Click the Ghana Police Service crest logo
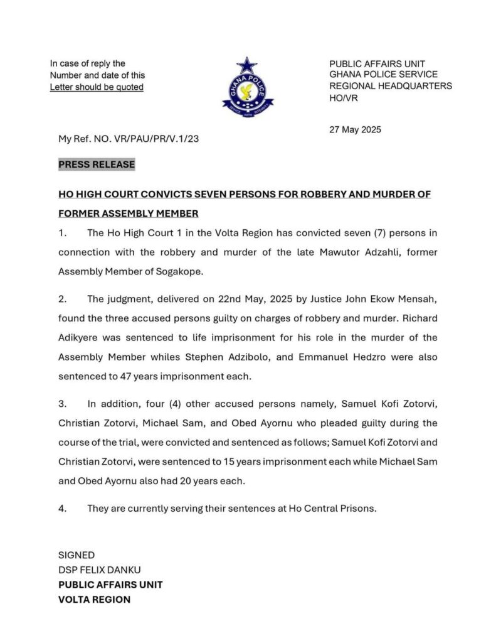click(x=248, y=87)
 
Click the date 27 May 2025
click(x=356, y=130)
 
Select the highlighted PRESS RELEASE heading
click(x=97, y=165)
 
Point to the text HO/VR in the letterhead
click(x=343, y=99)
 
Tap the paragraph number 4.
click(x=62, y=509)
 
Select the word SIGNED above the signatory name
click(x=77, y=555)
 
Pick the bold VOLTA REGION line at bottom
click(x=94, y=600)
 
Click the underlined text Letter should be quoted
click(x=97, y=87)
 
